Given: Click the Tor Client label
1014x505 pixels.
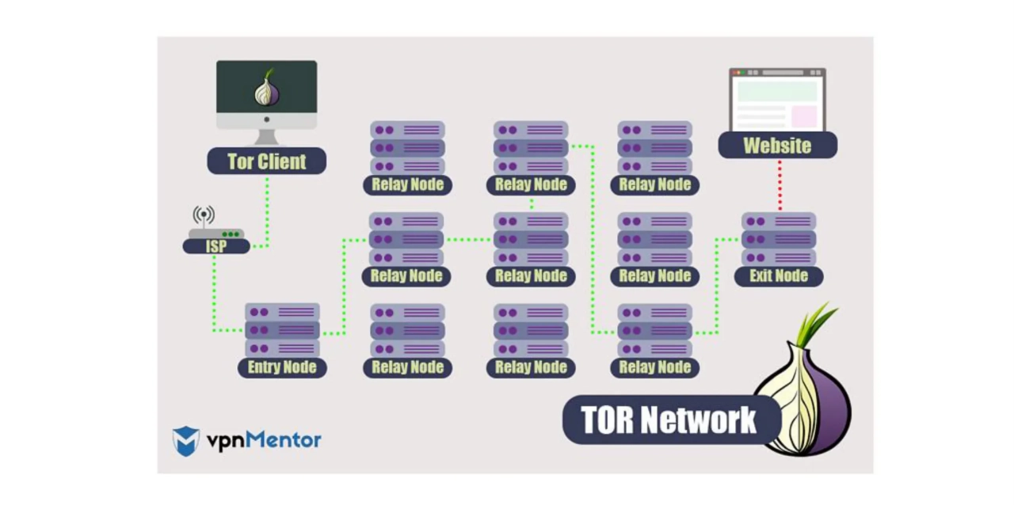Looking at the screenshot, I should coord(266,161).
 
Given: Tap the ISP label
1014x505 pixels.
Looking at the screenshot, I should coord(216,247).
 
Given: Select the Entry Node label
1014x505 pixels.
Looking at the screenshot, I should coord(282,367).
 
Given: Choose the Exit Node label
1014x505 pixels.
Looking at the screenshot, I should coord(779,276).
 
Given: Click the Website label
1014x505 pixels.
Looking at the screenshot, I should coord(777,146).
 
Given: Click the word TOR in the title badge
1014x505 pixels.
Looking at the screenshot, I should coord(607,420).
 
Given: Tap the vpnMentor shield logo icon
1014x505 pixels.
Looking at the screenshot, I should coord(186,441).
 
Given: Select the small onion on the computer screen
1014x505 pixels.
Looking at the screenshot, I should coord(267,89).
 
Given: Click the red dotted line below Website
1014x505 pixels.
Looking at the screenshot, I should coord(780,184).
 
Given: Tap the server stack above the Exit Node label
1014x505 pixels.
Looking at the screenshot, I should coord(779,239).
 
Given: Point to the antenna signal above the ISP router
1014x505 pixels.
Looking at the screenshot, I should coord(204,215).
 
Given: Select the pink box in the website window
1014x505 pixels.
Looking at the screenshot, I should coord(804,116).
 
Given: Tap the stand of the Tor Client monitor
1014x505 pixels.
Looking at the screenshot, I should coord(266,137).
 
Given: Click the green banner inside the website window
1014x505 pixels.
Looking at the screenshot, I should coord(777,91).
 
